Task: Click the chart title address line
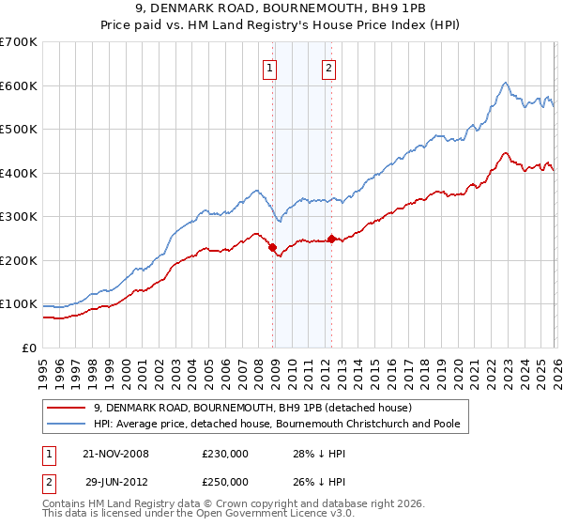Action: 281,9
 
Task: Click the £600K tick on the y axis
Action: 19,85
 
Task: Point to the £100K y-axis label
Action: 19,304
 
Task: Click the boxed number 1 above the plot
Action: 270,67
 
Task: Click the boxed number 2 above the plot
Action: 329,67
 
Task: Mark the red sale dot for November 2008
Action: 272,248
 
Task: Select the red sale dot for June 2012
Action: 331,239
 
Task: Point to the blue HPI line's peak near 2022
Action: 505,83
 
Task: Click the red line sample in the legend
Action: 67,408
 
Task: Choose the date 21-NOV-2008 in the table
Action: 115,454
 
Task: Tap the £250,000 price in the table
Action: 225,480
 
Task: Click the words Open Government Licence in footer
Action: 281,515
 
